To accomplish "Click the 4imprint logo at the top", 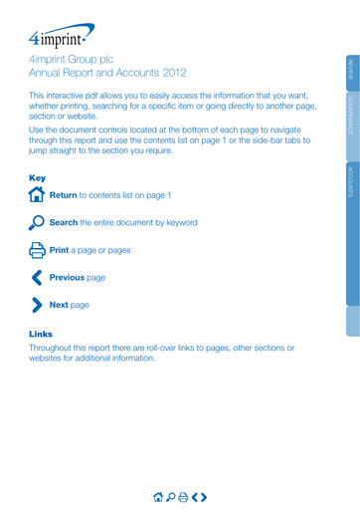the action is pos(61,39).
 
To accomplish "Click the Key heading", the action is pos(38,177).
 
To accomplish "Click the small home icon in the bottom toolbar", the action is pos(157,495).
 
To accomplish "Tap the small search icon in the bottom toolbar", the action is pos(170,495).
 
